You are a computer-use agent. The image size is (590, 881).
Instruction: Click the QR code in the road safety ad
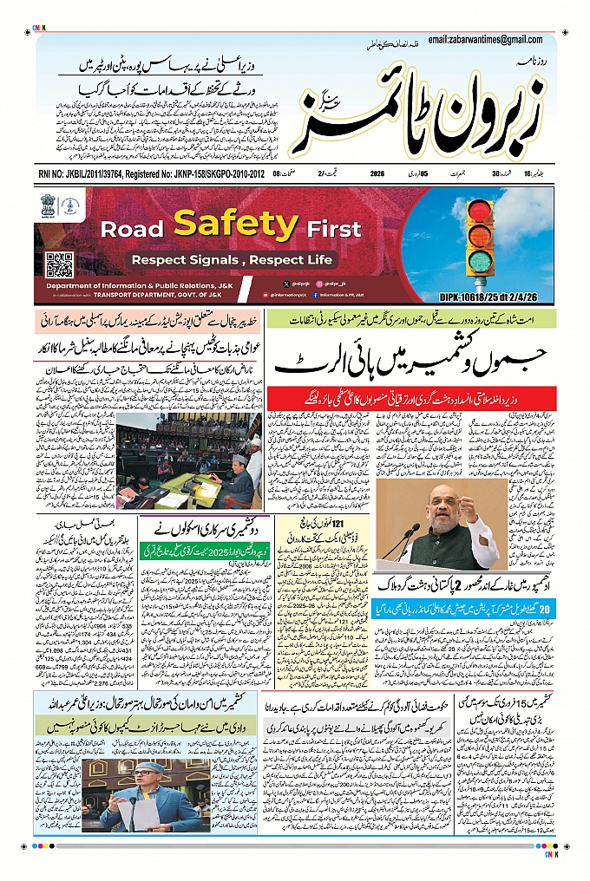pyautogui.click(x=59, y=264)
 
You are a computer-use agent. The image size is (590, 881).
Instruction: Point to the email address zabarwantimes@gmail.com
pyautogui.click(x=490, y=40)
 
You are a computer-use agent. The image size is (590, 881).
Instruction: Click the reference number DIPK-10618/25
pyautogui.click(x=495, y=297)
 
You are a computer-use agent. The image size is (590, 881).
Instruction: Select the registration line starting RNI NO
pyautogui.click(x=152, y=174)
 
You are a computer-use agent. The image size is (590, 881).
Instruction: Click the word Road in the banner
pyautogui.click(x=134, y=230)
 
